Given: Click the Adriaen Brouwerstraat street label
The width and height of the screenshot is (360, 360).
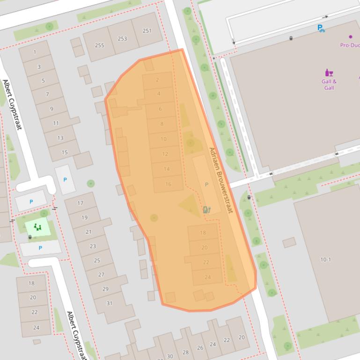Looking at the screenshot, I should coord(220,180).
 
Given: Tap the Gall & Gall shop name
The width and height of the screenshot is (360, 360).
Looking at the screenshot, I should coord(329,85).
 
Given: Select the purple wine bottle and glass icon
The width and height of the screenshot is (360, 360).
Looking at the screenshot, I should coord(329,73).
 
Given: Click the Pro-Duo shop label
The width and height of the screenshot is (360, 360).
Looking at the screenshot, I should coord(350,45).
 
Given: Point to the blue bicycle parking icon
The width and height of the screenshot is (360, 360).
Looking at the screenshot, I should coord(321,29).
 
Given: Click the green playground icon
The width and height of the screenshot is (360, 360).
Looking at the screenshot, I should coord(37,227).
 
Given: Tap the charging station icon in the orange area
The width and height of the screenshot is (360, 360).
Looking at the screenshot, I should coord(207,209).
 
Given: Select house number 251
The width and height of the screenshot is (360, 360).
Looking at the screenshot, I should coord(147,31).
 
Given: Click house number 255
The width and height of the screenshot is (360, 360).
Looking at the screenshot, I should coord(99,45).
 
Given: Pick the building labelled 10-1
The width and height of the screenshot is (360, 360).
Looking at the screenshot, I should coord(325,259).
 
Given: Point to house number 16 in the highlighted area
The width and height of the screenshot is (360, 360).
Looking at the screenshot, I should coord(168,184).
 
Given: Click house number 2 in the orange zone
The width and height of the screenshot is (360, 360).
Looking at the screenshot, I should coord(157,80).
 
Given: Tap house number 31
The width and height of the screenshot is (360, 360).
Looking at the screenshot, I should coord(109,303).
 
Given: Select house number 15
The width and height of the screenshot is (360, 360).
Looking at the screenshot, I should coord(65,152).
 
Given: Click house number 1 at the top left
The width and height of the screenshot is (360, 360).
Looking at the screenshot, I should coord(35,52).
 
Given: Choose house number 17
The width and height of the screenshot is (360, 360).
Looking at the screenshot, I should coord(80,203).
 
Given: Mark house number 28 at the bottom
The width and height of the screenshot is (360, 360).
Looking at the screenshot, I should coord(185,353).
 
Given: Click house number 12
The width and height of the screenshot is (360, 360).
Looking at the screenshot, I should coord(165,154).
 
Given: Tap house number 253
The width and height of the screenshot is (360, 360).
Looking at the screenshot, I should coord(122,38).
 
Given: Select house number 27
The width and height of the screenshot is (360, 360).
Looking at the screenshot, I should coord(101,275).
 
